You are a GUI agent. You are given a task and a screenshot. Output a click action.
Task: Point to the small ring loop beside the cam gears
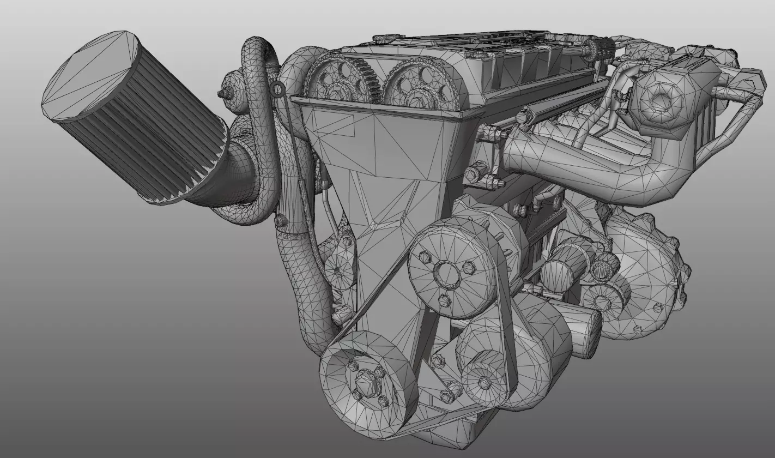[x=278, y=89]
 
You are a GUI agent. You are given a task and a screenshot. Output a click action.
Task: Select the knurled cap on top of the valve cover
[x=601, y=50]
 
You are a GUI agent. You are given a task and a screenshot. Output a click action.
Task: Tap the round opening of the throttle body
[x=661, y=101]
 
